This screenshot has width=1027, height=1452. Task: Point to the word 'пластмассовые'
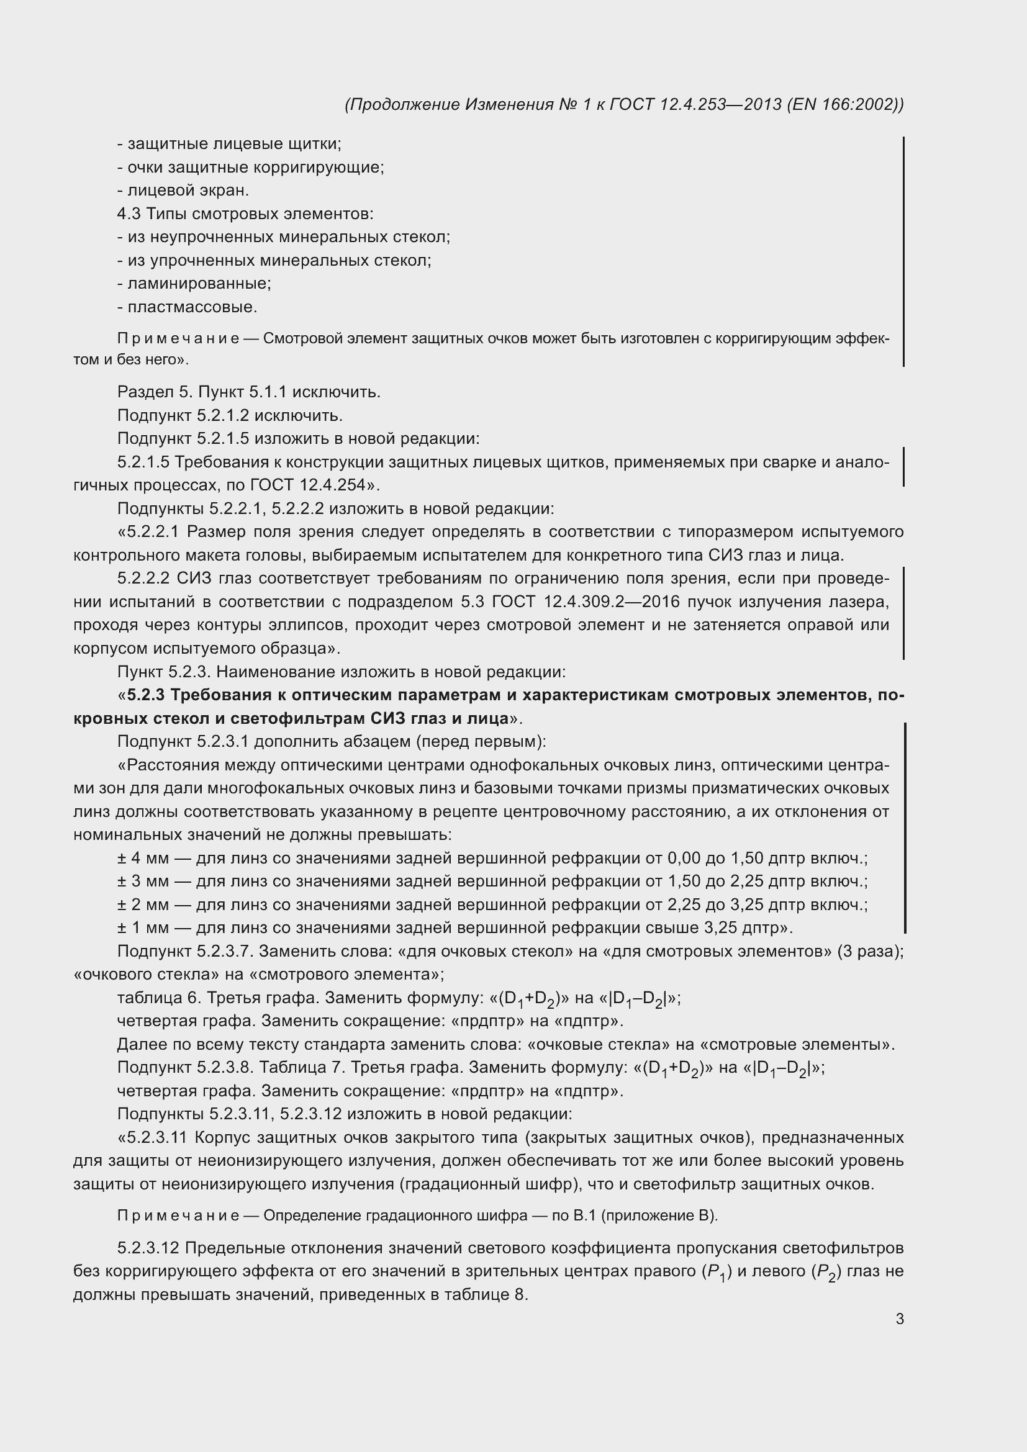click(192, 307)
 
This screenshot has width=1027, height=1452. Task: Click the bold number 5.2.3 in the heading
click(146, 695)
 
